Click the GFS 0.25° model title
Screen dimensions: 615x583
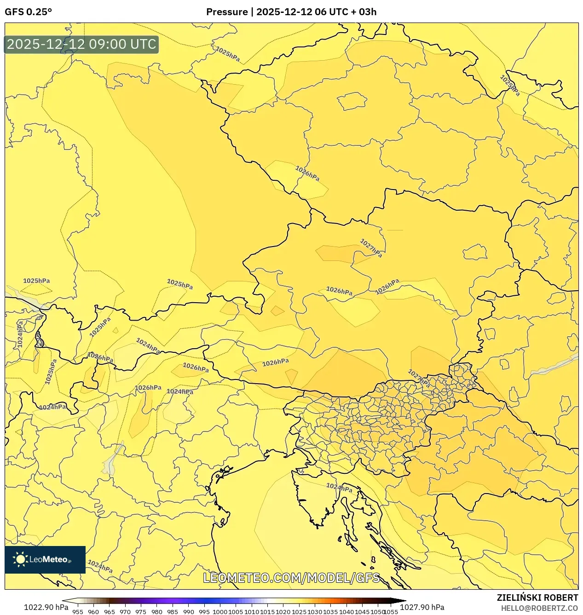[x=28, y=12]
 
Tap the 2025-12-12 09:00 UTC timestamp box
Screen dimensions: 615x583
[x=81, y=45]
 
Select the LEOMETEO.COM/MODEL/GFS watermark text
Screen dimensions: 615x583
[x=291, y=578]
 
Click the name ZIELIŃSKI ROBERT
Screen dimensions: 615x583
[x=537, y=598]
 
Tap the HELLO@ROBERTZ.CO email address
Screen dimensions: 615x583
[x=539, y=608]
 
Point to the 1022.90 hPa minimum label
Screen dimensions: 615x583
[x=46, y=607]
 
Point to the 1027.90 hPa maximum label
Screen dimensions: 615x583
[x=422, y=607]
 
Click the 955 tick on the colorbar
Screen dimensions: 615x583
[x=78, y=612]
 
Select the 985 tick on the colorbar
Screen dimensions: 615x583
[x=173, y=612]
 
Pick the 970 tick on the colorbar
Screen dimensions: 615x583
[x=125, y=612]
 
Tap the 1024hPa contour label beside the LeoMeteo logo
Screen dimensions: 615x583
[x=100, y=566]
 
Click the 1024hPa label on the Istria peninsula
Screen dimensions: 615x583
[x=339, y=487]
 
